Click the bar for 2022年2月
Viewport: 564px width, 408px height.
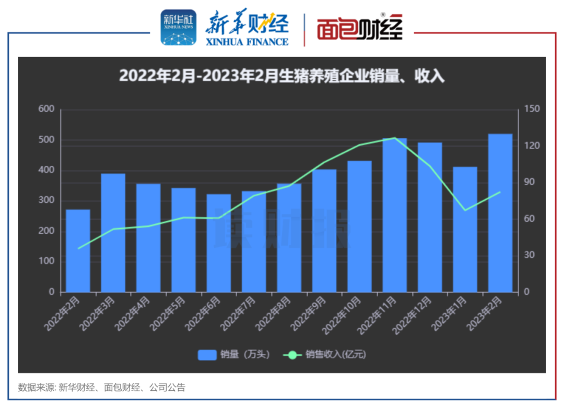click(78, 251)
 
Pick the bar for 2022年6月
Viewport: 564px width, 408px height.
click(219, 243)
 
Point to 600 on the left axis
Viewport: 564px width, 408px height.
click(46, 109)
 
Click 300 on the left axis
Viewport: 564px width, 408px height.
click(46, 201)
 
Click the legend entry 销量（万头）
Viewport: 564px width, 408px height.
click(234, 355)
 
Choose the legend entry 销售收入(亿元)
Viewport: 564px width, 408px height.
click(324, 355)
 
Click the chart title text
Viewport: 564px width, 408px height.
click(281, 76)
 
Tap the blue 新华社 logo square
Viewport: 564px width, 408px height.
click(179, 27)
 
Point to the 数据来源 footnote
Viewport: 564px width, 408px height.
click(102, 388)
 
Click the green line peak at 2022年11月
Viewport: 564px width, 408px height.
click(395, 138)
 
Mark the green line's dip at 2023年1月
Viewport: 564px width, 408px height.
click(465, 210)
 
